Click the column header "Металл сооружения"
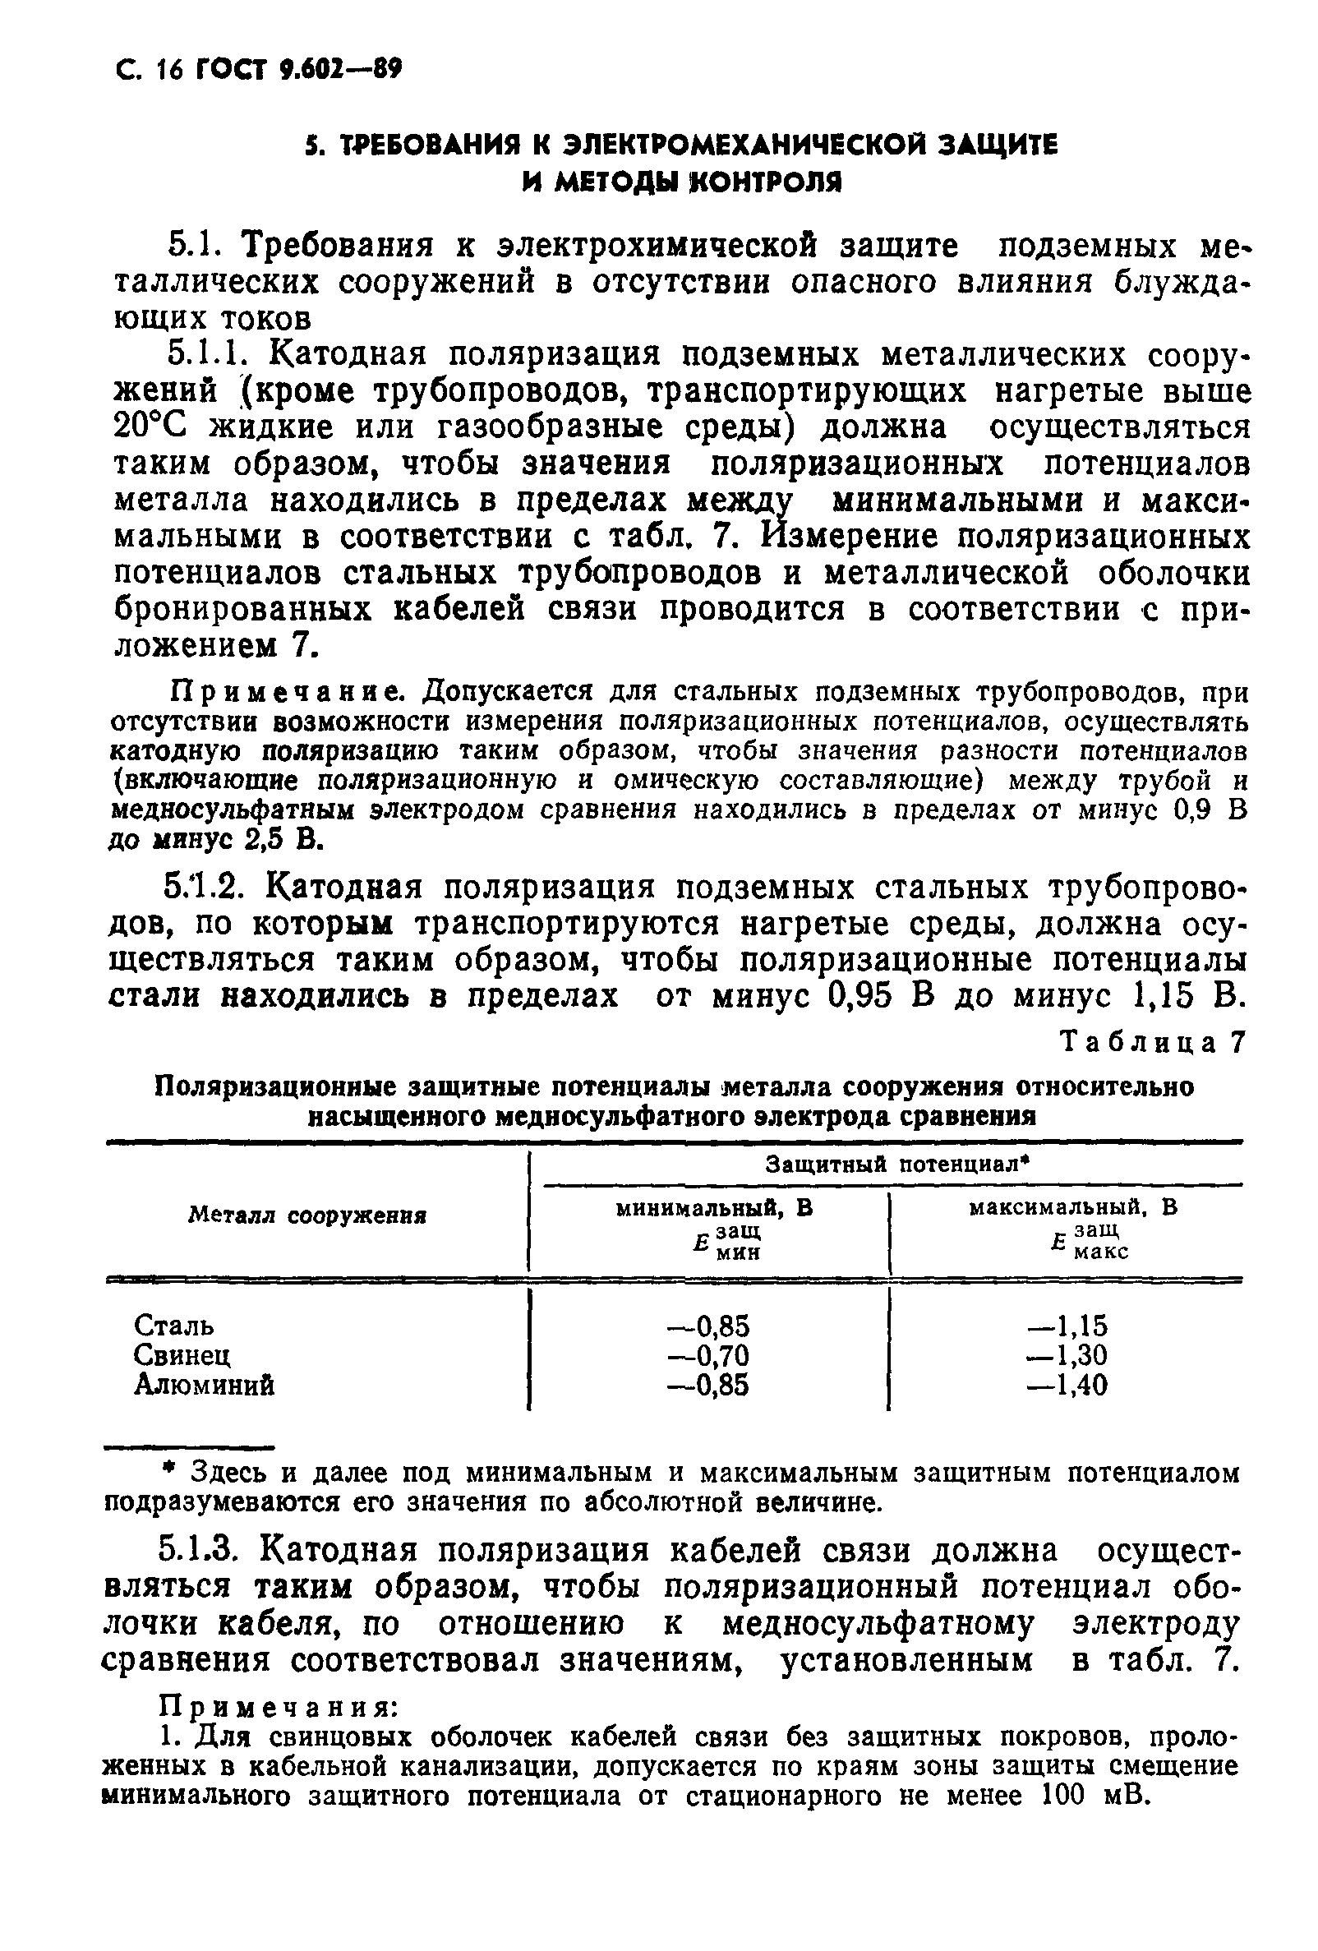(x=307, y=1215)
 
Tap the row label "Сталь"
(x=173, y=1326)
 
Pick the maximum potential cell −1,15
(x=1068, y=1326)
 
